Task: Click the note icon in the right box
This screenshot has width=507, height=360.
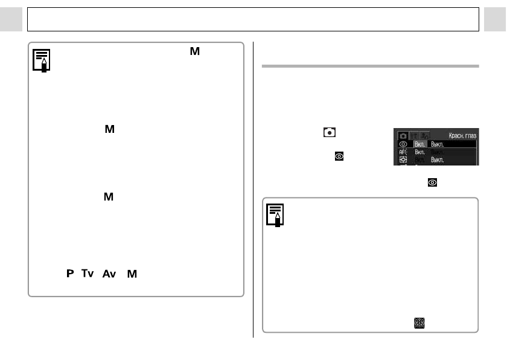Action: point(276,215)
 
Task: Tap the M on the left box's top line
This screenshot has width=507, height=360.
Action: point(194,53)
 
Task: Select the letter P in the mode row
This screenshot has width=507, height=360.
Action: point(70,274)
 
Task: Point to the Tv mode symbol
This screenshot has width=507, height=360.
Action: point(88,274)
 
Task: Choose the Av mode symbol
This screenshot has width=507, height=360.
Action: point(109,274)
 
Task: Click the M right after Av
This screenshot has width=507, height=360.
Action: point(132,274)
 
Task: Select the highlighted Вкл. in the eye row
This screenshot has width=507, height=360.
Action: point(420,144)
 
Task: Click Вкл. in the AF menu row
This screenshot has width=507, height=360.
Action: point(420,153)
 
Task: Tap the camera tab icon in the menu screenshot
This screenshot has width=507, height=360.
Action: point(403,135)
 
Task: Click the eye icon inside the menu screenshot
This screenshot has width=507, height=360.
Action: point(403,144)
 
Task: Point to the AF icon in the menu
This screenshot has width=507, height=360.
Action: point(403,153)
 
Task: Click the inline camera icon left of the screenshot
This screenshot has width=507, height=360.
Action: point(330,132)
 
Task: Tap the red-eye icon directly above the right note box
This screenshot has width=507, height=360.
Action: point(432,182)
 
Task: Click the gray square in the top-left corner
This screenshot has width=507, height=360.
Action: point(11,19)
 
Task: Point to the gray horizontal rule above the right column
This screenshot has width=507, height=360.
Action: point(370,66)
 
